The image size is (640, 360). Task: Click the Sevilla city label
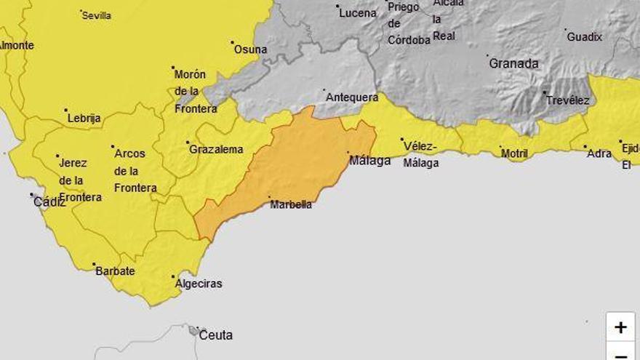click(97, 15)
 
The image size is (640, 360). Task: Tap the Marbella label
click(291, 204)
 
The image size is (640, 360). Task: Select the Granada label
click(513, 63)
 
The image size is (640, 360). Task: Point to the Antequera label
click(352, 97)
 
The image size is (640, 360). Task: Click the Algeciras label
click(199, 284)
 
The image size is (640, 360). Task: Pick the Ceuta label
click(216, 335)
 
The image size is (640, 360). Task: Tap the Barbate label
click(115, 271)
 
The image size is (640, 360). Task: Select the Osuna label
click(250, 49)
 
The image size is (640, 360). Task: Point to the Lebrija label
click(84, 118)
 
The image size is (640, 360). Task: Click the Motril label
click(514, 153)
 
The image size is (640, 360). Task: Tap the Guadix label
click(585, 36)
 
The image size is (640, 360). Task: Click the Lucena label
click(358, 13)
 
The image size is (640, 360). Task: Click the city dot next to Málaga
click(348, 153)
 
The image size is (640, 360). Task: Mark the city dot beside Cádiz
click(32, 194)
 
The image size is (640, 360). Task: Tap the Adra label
click(599, 153)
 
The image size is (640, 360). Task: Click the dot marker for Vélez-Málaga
click(401, 139)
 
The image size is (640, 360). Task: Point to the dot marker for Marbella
click(270, 197)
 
